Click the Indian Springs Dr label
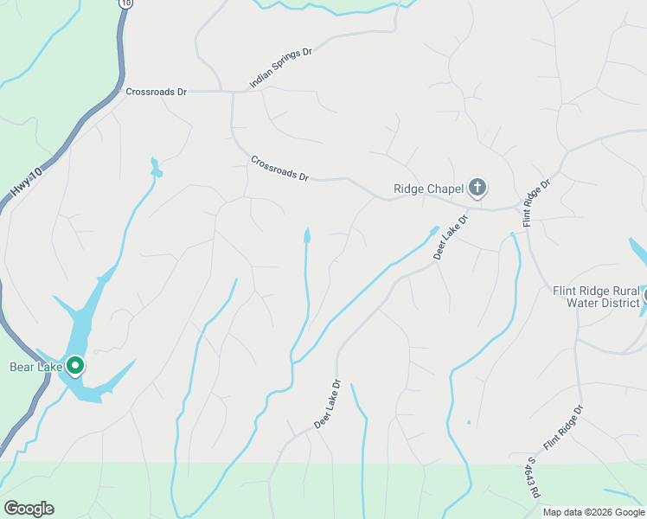[x=280, y=68]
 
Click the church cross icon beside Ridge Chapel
[x=477, y=187]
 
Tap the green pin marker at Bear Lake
[x=75, y=367]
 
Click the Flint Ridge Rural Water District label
[x=596, y=297]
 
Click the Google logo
[x=29, y=509]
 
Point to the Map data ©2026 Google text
[x=593, y=512]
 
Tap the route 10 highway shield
[x=127, y=3]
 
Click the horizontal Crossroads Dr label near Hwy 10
[x=156, y=91]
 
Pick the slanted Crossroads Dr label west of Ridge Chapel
[x=279, y=168]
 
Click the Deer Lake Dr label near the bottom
[x=328, y=404]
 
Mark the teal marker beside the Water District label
[x=644, y=297]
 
